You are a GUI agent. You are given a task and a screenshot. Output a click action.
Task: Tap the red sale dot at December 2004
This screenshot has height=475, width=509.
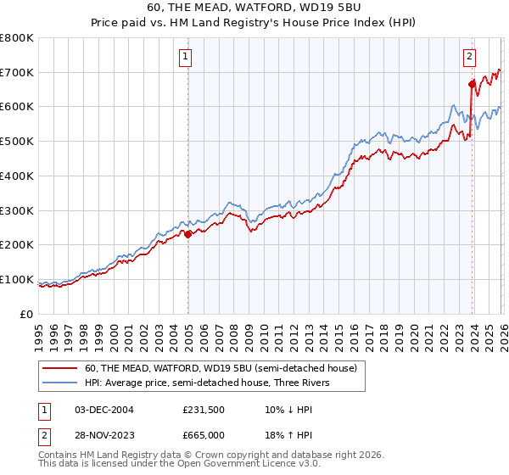coord(187,234)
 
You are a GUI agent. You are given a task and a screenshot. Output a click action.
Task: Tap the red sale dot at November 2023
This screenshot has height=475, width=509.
coord(472,84)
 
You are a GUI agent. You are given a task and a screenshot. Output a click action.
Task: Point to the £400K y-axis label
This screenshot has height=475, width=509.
coord(17,176)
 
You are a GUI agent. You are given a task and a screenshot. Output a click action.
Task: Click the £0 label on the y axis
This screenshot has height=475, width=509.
coord(28,314)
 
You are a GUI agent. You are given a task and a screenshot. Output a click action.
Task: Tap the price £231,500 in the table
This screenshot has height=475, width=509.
coord(203,409)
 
